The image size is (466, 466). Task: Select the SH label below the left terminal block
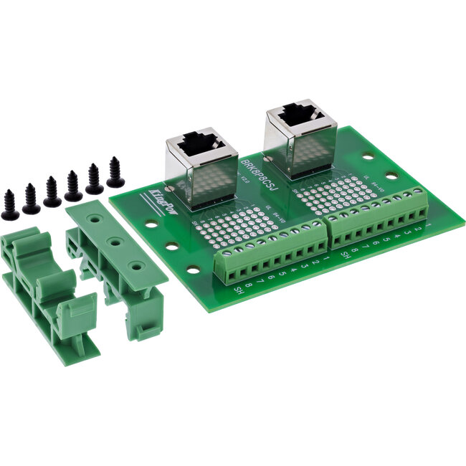[x=239, y=290]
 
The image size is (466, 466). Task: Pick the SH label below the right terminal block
[x=346, y=254]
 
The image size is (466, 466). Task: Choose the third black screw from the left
[x=52, y=192]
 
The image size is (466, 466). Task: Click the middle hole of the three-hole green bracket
[x=115, y=243]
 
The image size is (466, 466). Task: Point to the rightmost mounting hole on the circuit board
[x=391, y=175]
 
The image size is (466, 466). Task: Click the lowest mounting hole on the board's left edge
[x=193, y=271]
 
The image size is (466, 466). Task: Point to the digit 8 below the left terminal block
[x=248, y=286]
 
